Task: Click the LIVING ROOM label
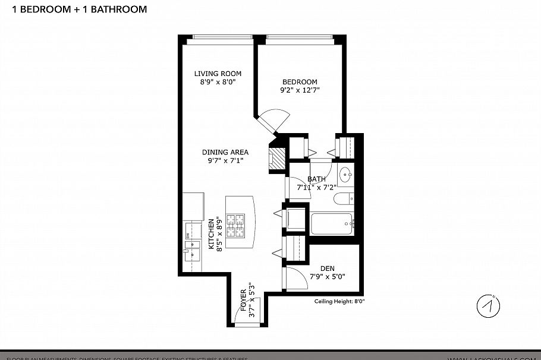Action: [x=218, y=74]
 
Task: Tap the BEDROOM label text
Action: [x=300, y=82]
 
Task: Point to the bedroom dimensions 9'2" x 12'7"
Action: [x=300, y=91]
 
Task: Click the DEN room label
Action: [x=327, y=269]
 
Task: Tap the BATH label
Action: [x=316, y=179]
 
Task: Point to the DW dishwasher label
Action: [x=188, y=236]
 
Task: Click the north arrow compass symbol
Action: [x=488, y=306]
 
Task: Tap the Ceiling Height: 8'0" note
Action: [x=339, y=302]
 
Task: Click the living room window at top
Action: [x=219, y=40]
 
